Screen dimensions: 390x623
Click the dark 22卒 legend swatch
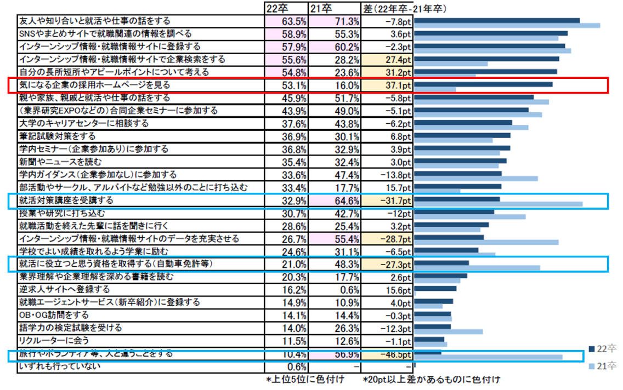(x=592, y=349)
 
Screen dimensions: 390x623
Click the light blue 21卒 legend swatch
(x=592, y=365)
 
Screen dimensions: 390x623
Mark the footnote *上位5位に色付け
(x=305, y=379)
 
